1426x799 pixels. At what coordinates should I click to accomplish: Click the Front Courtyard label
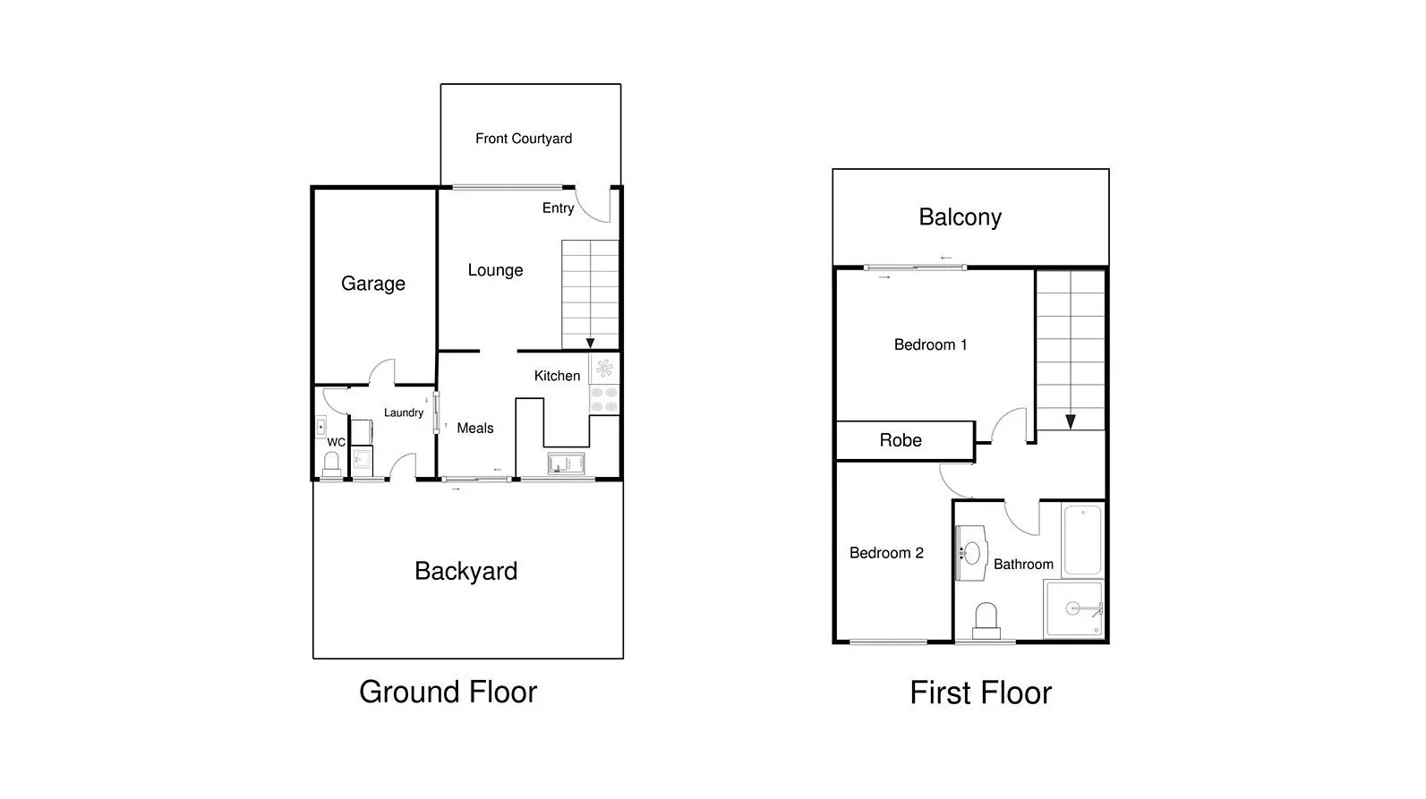pyautogui.click(x=524, y=139)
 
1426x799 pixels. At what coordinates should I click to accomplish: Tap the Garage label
pyautogui.click(x=373, y=284)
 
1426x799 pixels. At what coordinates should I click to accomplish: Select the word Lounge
pyautogui.click(x=495, y=270)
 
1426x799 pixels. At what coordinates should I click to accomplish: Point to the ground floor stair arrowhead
pyautogui.click(x=590, y=343)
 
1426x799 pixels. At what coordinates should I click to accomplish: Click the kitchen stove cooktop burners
pyautogui.click(x=604, y=399)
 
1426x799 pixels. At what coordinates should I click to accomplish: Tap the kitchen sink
pyautogui.click(x=566, y=463)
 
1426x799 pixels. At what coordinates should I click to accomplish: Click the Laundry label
pyautogui.click(x=404, y=412)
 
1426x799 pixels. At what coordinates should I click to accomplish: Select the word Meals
pyautogui.click(x=475, y=429)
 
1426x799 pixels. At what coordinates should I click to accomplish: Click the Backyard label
pyautogui.click(x=465, y=572)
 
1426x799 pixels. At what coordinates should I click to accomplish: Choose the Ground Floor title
pyautogui.click(x=448, y=692)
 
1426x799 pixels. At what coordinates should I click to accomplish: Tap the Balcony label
pyautogui.click(x=960, y=217)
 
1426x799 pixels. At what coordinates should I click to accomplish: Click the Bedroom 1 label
pyautogui.click(x=930, y=344)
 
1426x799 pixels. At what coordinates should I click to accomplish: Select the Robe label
pyautogui.click(x=901, y=440)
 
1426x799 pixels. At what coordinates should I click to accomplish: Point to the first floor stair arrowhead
pyautogui.click(x=1070, y=421)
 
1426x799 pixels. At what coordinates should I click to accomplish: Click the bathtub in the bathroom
pyautogui.click(x=1082, y=540)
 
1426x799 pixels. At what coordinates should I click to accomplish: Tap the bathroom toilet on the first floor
pyautogui.click(x=986, y=620)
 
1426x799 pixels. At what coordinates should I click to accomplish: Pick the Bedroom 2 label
pyautogui.click(x=886, y=553)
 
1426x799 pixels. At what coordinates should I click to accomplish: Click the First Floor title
pyautogui.click(x=980, y=693)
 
